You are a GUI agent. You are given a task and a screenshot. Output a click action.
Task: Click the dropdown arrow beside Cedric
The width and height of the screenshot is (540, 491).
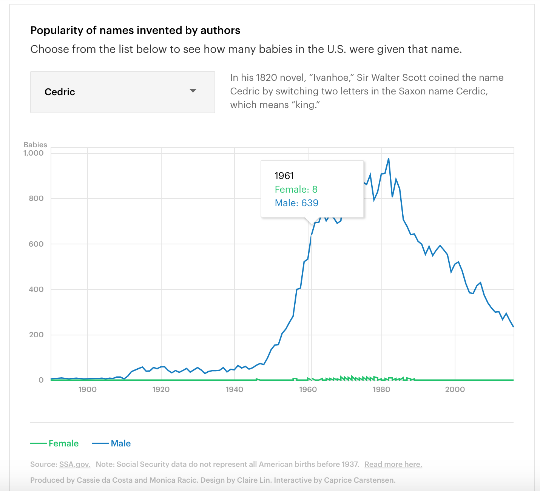[x=193, y=91]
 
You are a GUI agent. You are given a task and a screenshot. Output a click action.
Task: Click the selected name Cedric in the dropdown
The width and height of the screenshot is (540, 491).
[x=60, y=92]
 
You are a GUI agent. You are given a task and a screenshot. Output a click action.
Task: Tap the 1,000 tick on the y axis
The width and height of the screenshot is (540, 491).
[x=34, y=153]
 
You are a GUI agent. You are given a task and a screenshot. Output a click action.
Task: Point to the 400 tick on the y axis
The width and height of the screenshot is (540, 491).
[x=36, y=289]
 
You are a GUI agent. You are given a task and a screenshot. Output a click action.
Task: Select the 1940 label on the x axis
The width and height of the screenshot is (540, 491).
[x=235, y=389]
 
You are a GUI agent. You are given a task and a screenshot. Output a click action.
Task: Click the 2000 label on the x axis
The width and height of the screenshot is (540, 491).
[x=455, y=389]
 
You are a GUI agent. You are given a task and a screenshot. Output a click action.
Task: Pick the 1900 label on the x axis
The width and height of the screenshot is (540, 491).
[x=88, y=389]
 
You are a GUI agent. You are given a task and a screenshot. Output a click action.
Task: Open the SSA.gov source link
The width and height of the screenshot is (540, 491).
[x=75, y=464]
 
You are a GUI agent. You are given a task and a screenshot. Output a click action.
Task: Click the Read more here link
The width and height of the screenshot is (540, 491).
[x=393, y=464]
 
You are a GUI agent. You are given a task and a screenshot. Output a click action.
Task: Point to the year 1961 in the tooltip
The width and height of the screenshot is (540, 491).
[x=284, y=176]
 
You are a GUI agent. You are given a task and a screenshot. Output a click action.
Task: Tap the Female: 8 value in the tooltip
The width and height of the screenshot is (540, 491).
[x=296, y=189]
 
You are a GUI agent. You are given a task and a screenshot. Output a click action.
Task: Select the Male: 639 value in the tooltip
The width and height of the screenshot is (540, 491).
[x=296, y=203]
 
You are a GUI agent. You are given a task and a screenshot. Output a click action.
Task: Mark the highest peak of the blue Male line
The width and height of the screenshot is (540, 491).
[x=389, y=159]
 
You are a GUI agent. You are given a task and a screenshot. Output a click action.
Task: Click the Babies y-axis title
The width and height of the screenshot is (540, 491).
[x=35, y=145]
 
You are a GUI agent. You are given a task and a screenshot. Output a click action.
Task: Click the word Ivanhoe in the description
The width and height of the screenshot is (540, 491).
[x=330, y=77]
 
